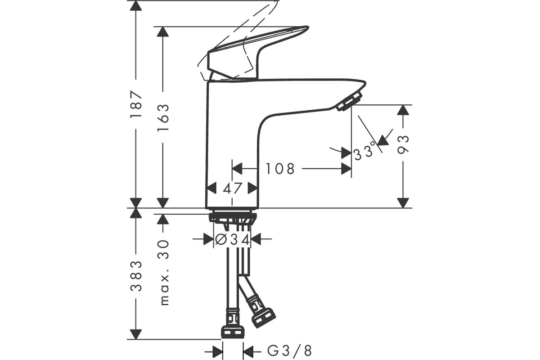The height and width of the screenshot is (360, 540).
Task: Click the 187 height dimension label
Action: coord(136,104)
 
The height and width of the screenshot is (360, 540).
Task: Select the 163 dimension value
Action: coord(163,117)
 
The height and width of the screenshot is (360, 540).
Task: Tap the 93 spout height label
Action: coord(403,144)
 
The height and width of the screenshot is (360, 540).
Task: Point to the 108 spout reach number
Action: coord(280,169)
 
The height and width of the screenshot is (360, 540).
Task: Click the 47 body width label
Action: coord(232,188)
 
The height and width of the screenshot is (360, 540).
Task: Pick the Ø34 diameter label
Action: coord(232,240)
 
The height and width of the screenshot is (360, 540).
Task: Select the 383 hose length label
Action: coord(136,276)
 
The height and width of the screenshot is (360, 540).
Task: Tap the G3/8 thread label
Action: coord(289,351)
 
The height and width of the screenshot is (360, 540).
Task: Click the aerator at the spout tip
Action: coord(349,101)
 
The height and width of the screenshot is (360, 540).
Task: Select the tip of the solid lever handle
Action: coord(308,27)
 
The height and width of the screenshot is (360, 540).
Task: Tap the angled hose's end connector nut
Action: coord(264,318)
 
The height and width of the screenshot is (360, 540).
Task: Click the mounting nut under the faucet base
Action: coord(233,218)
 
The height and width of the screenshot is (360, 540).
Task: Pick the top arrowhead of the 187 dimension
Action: coord(136,6)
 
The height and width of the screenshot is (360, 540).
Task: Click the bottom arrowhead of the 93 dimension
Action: coord(403,203)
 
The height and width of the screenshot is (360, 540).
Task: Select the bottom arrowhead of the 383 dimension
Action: coord(136,334)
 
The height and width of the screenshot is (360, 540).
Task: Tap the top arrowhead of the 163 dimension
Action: coord(163,31)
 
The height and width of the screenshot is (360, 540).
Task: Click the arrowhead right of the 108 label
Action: coord(346,169)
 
